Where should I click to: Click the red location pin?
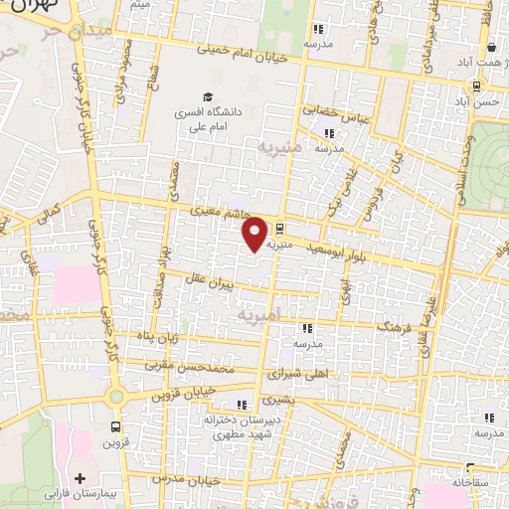pyautogui.click(x=255, y=234)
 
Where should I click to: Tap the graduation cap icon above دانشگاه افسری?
pyautogui.click(x=208, y=97)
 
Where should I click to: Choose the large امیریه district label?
pyautogui.click(x=261, y=313)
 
